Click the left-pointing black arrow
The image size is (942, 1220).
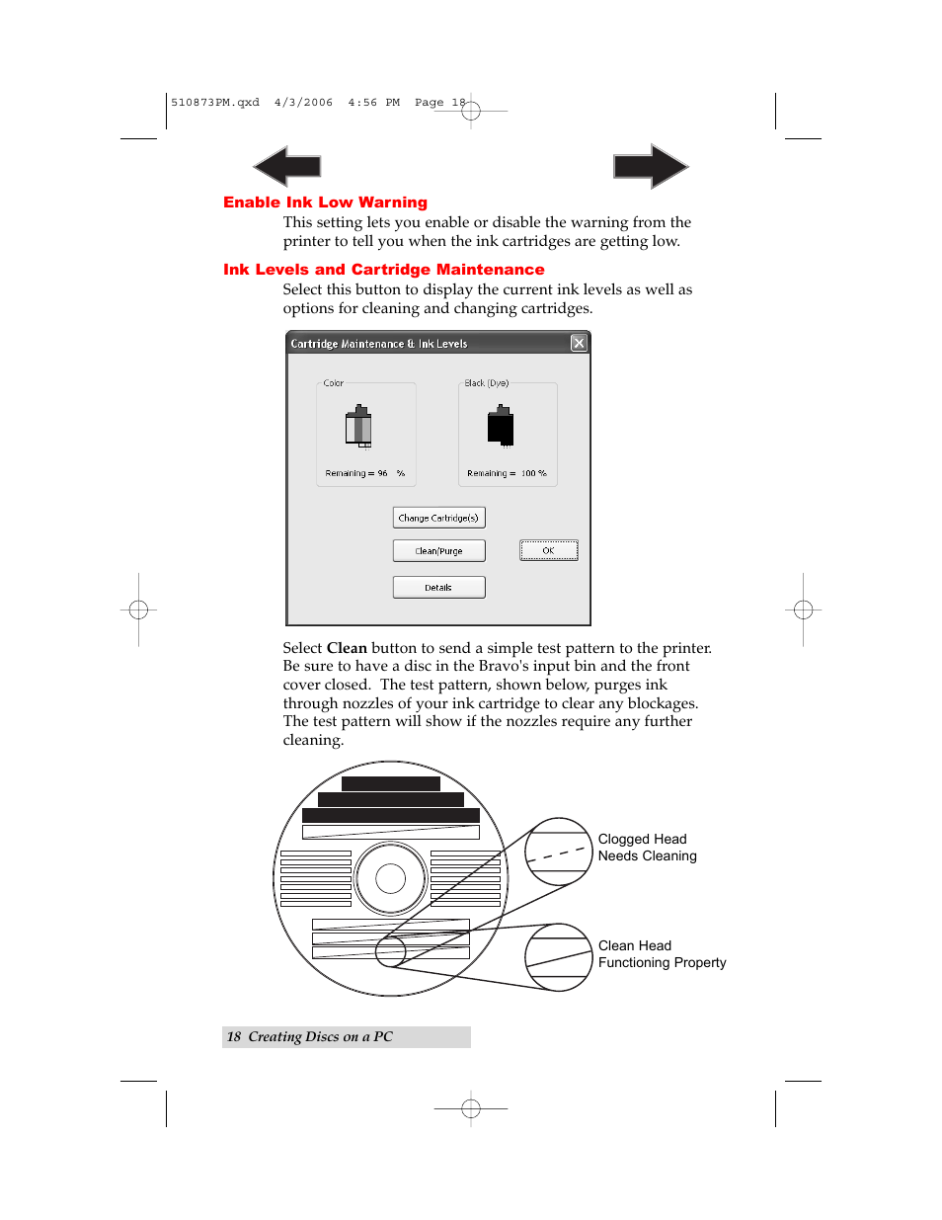coord(286,166)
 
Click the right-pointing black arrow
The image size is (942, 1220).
coord(651,166)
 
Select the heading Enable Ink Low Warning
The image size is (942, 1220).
coord(325,203)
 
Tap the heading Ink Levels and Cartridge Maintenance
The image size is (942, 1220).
coord(383,270)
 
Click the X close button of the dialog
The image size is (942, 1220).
coord(579,343)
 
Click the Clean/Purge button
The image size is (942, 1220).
coord(438,551)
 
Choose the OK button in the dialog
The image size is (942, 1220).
coord(548,551)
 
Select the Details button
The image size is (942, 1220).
coord(438,588)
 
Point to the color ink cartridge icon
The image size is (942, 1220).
coord(358,427)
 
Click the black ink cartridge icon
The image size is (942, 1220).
coord(501,427)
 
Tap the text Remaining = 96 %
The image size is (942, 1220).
coord(364,474)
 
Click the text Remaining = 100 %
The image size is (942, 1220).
coord(507,474)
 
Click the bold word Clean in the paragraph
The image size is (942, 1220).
coord(347,648)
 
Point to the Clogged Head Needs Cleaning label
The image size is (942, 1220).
coord(647,848)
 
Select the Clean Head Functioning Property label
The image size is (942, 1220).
coord(662,954)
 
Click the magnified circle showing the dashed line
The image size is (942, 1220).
coord(559,852)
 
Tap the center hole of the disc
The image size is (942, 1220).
coord(391,878)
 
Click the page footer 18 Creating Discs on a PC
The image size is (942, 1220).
coord(310,1037)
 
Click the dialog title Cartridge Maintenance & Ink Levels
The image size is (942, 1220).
coord(379,344)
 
